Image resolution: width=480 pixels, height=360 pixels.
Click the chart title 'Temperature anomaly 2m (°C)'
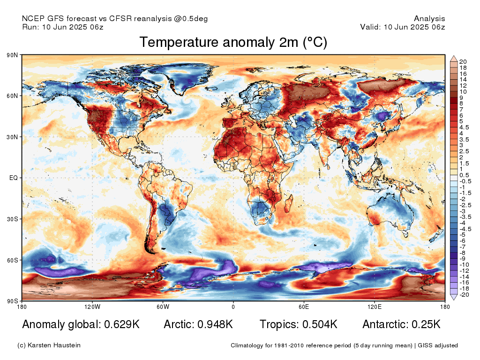pyautogui.click(x=233, y=42)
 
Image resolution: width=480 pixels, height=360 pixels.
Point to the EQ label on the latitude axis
pyautogui.click(x=14, y=178)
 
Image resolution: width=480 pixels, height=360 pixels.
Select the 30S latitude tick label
pyautogui.click(x=12, y=219)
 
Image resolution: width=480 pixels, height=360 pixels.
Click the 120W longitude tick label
pyautogui.click(x=92, y=307)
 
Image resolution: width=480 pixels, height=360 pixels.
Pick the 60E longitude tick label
pyautogui.click(x=304, y=307)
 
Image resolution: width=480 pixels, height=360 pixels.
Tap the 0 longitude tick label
pyautogui.click(x=233, y=307)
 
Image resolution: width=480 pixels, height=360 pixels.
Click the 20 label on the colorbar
pyautogui.click(x=463, y=62)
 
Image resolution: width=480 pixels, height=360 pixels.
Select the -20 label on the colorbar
pyautogui.click(x=465, y=295)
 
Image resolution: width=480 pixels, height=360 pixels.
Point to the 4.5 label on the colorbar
pyautogui.click(x=464, y=127)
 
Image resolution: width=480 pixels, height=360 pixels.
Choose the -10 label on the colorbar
pyautogui.click(x=465, y=265)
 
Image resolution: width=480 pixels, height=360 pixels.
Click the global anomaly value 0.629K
pyautogui.click(x=122, y=324)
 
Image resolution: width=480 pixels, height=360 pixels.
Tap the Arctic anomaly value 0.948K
pyautogui.click(x=215, y=324)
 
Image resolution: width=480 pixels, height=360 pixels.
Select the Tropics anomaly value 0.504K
pyautogui.click(x=320, y=324)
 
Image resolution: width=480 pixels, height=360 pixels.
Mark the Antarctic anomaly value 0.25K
pyautogui.click(x=426, y=324)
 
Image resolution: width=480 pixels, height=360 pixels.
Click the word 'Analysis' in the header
pyautogui.click(x=429, y=19)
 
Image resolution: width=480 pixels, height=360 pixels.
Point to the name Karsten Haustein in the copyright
pyautogui.click(x=54, y=345)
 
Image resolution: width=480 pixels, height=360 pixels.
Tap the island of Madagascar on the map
pyautogui.click(x=288, y=203)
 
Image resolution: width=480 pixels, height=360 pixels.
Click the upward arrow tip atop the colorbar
pyautogui.click(x=454, y=56)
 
